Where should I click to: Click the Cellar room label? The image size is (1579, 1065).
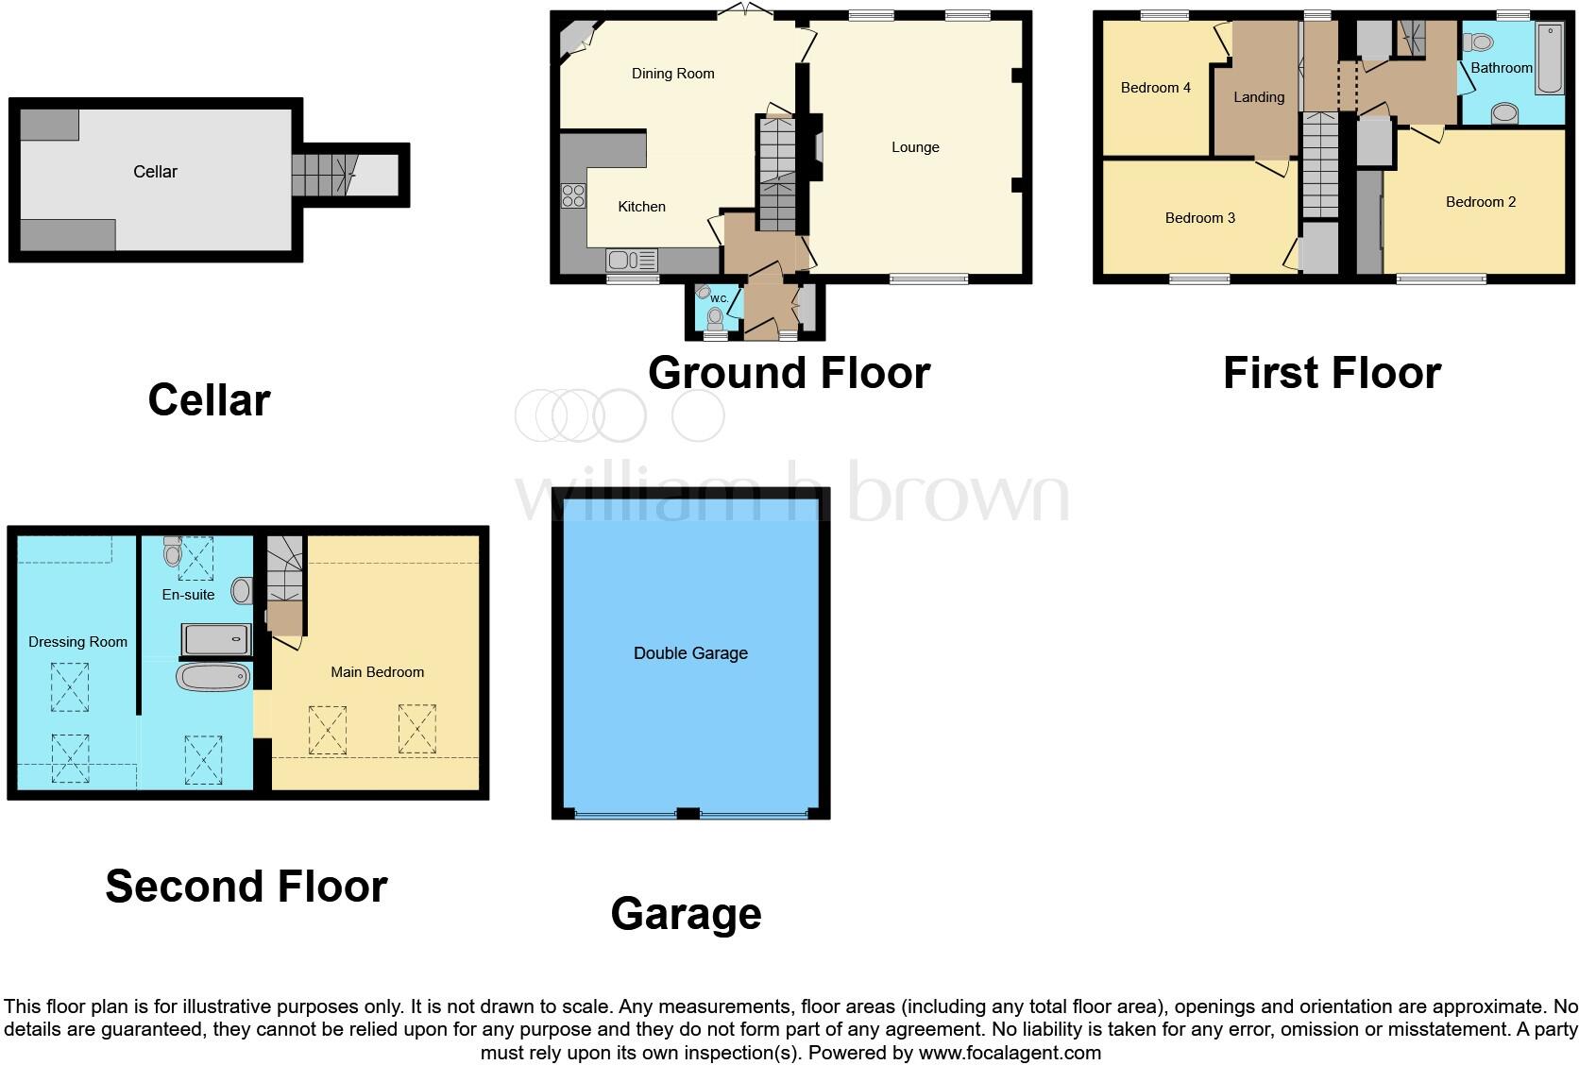pos(155,172)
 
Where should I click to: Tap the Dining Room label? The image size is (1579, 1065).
pos(672,74)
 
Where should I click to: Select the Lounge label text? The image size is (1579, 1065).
pos(914,147)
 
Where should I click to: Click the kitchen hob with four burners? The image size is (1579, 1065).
pos(573,195)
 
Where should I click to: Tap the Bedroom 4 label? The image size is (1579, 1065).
pos(1155,88)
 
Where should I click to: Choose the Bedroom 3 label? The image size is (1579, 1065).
pos(1199,218)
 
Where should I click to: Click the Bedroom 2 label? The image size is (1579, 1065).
pos(1480,202)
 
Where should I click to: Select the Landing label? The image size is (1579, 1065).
pos(1258,97)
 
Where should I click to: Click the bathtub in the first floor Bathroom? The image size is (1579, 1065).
pos(1550,59)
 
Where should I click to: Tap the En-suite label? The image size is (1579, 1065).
pos(188,595)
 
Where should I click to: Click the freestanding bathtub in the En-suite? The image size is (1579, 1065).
pos(213,677)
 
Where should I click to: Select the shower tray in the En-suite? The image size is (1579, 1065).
pos(217,640)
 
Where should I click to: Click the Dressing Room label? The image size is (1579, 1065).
pos(77,642)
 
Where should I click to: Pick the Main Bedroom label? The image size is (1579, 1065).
pos(377,672)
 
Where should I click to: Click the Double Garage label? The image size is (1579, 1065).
pos(690,653)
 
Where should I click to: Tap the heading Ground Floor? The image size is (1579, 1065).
pos(789,373)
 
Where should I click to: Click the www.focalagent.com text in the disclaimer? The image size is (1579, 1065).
pos(1009,1052)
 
